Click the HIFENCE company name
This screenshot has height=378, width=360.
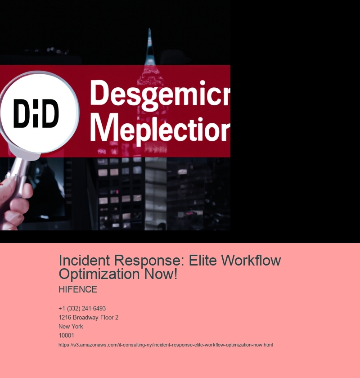(x=78, y=289)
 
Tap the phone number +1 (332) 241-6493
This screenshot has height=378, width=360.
(x=82, y=309)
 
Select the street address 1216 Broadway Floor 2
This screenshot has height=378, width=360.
(x=88, y=318)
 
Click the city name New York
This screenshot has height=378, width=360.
(x=71, y=327)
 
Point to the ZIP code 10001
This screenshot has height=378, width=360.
(x=66, y=336)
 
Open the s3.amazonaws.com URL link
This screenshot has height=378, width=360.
(x=166, y=345)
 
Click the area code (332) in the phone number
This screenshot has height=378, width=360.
(x=74, y=309)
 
